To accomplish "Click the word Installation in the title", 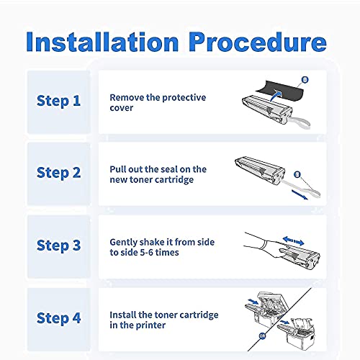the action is [x=102, y=42].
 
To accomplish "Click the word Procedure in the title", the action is [x=258, y=42].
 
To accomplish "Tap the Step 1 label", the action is [x=58, y=101].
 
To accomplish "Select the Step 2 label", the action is [x=58, y=173].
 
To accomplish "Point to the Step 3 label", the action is [x=58, y=246].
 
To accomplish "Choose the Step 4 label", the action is [x=58, y=318].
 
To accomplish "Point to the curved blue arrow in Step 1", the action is [x=276, y=95].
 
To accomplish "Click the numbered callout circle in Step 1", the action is [x=305, y=80].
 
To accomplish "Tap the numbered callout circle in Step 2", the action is [x=297, y=174].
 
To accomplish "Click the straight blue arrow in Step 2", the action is [x=300, y=194].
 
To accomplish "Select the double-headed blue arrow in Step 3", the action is [x=293, y=240].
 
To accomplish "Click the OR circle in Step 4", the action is [x=262, y=336].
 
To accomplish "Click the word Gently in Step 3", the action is [x=124, y=243].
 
